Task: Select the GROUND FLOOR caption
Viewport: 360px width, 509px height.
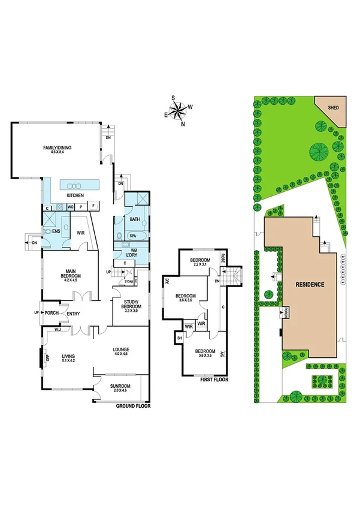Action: pos(133,406)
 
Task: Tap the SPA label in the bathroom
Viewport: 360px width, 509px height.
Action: pos(132,237)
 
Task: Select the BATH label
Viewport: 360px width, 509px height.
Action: pos(135,219)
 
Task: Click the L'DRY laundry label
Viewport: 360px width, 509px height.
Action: pos(132,252)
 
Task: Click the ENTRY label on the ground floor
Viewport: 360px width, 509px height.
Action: pos(74,313)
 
